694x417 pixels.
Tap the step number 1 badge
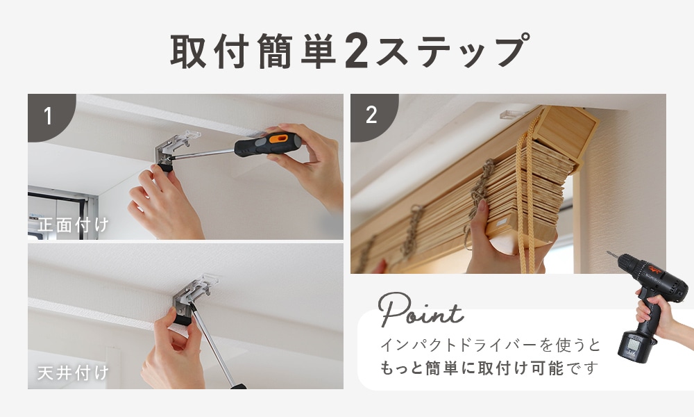pyautogui.click(x=48, y=116)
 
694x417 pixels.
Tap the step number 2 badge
pyautogui.click(x=371, y=116)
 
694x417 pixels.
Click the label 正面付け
pyautogui.click(x=74, y=225)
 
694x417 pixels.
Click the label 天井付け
pyautogui.click(x=74, y=373)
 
